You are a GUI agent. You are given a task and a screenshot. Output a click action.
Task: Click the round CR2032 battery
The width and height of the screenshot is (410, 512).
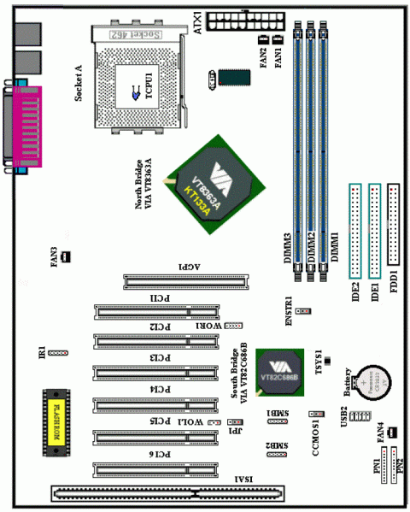[x=373, y=386]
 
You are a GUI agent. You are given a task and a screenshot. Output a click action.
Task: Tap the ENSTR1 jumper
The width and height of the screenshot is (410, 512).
[x=305, y=313]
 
